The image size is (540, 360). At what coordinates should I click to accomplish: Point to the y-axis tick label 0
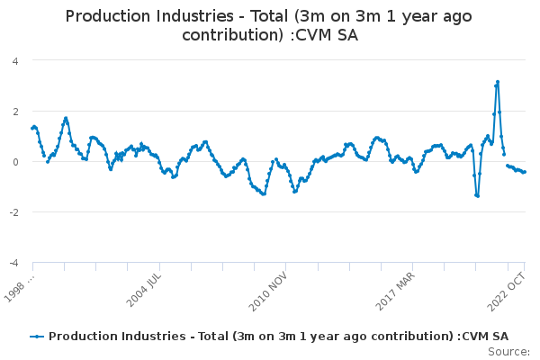tap(15, 162)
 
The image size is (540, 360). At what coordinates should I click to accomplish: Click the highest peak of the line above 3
tap(497, 82)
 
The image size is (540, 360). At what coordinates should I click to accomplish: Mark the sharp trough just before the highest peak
tap(477, 195)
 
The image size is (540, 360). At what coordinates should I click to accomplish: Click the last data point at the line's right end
tap(525, 172)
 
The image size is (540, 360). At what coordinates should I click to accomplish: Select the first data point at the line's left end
tap(32, 128)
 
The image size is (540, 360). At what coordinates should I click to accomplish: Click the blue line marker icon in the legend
tap(37, 336)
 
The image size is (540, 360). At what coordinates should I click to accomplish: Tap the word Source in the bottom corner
tap(510, 352)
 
